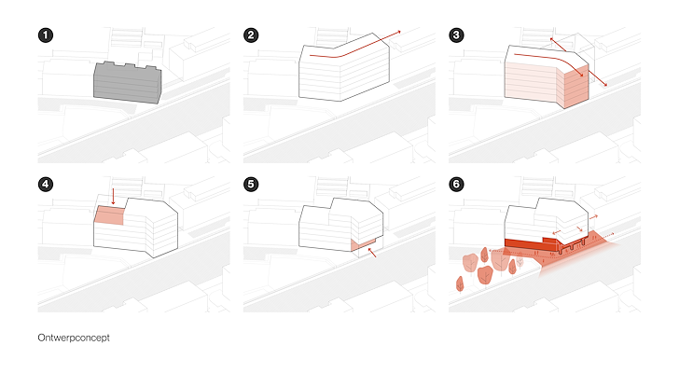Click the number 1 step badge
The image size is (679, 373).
[x=46, y=35]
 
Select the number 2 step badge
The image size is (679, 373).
[x=251, y=35]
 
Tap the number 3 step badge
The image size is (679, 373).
[x=456, y=35]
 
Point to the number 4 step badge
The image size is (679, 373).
[x=46, y=185]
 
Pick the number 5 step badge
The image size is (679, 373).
[x=251, y=185]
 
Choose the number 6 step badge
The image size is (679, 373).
[x=456, y=185]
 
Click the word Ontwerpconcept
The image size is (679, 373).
[x=74, y=338]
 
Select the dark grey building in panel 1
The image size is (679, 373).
[x=127, y=83]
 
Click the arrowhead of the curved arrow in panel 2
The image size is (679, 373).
[x=399, y=32]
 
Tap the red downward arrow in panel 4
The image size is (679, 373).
[x=113, y=196]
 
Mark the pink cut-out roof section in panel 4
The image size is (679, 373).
[x=109, y=215]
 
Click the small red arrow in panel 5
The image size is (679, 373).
[x=371, y=253]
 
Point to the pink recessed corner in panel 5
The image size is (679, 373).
[x=363, y=244]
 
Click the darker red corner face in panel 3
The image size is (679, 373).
[x=576, y=87]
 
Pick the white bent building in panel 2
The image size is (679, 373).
[x=344, y=68]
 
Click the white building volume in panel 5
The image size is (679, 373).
[x=340, y=225]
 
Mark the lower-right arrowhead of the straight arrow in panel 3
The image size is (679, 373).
[x=605, y=85]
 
